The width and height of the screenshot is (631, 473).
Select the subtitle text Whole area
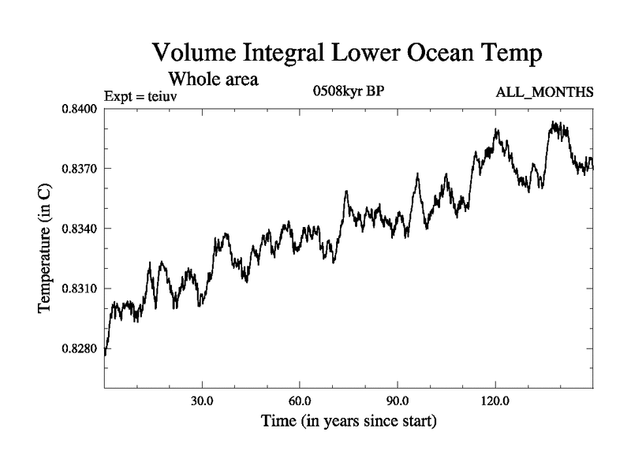[213, 79]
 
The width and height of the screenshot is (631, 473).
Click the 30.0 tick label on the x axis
[203, 400]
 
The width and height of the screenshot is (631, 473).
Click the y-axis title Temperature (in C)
[46, 248]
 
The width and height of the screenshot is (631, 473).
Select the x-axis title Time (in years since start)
[349, 422]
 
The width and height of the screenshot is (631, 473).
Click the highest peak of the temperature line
[555, 123]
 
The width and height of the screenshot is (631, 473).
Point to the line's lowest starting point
[105, 355]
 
